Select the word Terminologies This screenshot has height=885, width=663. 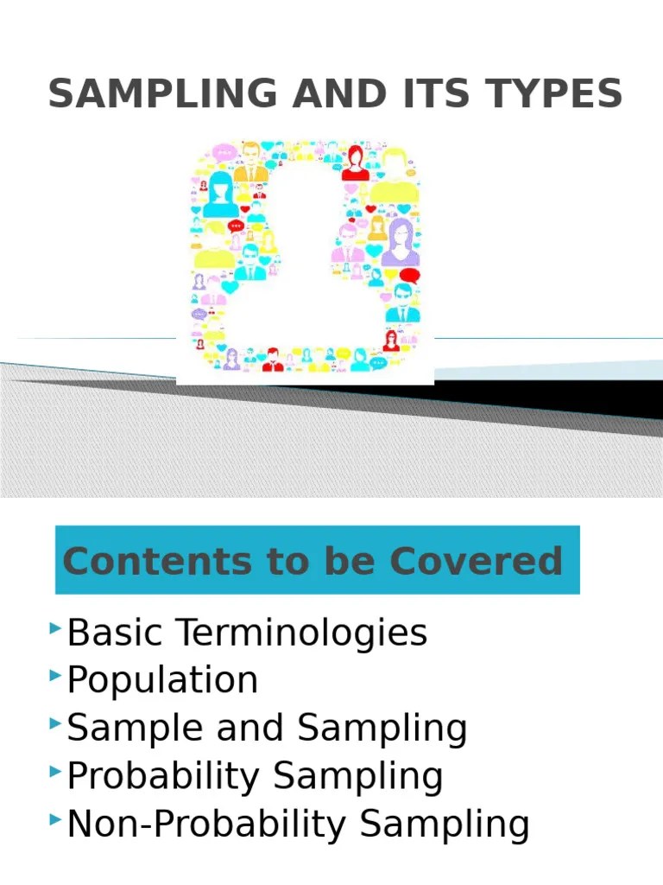click(x=302, y=634)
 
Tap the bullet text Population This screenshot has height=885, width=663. click(x=162, y=681)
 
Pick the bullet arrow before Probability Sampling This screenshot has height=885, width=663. click(x=56, y=768)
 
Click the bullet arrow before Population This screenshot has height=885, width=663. click(x=56, y=672)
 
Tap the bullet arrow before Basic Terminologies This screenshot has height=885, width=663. click(x=56, y=625)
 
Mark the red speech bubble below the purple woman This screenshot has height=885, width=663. click(x=408, y=277)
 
